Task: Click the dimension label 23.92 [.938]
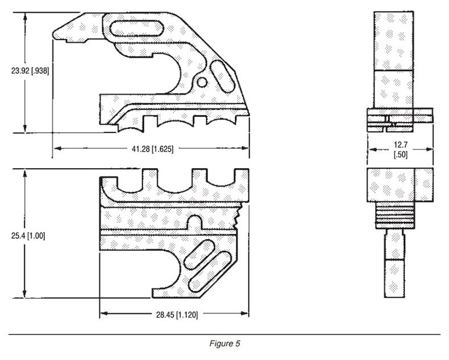click(30, 70)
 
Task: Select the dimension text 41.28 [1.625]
click(152, 149)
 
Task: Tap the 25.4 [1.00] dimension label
click(28, 236)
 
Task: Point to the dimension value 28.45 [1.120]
click(177, 315)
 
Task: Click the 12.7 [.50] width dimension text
click(400, 150)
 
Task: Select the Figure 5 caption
click(225, 343)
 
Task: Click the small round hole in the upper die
click(202, 82)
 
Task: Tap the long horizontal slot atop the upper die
click(137, 28)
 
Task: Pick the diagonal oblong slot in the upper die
click(222, 76)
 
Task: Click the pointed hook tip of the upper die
click(54, 34)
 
